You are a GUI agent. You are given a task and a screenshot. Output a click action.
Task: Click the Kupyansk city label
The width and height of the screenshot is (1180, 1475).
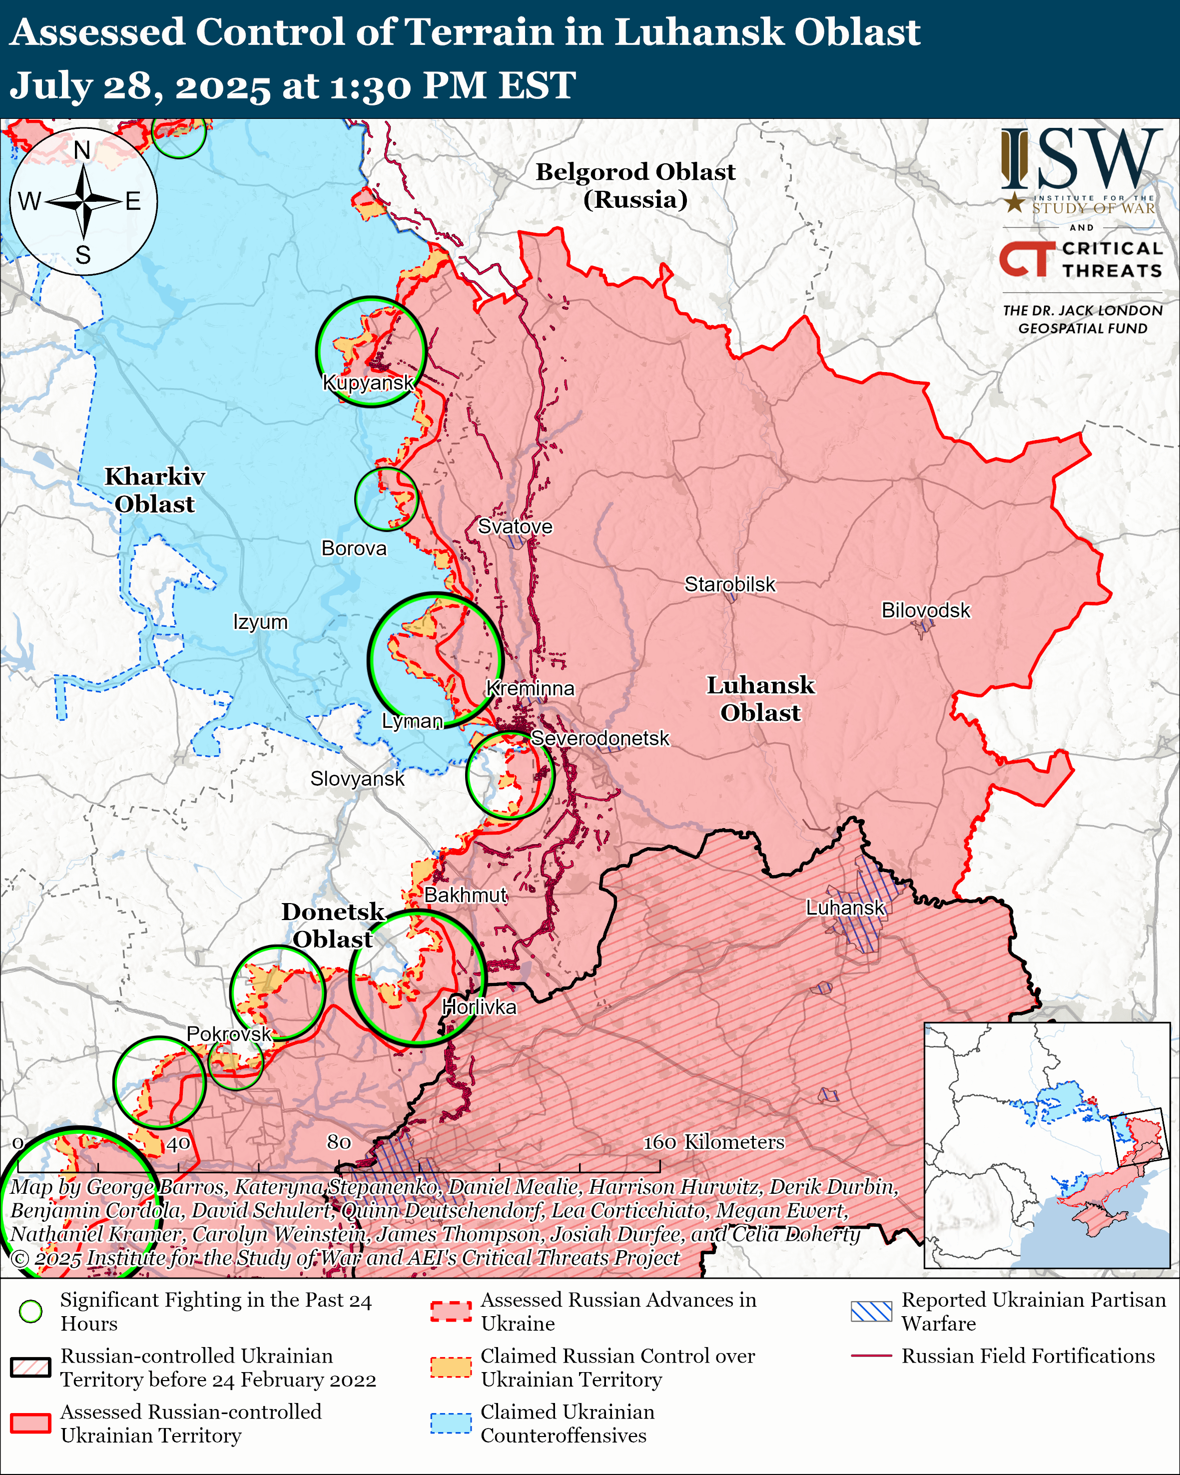point(368,383)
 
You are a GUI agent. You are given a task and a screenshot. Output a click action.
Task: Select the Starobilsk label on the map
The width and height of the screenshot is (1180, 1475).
point(730,584)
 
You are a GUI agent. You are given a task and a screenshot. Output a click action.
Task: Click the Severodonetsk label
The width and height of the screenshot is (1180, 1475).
point(600,738)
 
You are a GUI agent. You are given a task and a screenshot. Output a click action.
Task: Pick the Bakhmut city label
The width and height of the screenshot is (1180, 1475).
point(465,895)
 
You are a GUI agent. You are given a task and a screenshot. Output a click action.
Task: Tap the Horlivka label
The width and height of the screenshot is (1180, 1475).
point(479,1007)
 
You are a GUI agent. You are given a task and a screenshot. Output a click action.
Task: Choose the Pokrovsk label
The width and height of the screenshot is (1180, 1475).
point(229,1034)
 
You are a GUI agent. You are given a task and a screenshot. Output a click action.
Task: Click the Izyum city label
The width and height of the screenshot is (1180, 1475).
point(260,622)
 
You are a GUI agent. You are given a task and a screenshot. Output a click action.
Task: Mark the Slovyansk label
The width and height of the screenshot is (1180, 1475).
point(357,779)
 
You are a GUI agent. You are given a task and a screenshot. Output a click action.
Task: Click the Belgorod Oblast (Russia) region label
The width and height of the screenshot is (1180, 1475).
point(635,185)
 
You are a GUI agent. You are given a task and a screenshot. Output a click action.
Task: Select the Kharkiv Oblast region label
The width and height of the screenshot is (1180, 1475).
point(154,490)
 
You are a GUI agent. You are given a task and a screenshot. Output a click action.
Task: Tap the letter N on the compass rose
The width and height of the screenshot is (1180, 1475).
point(82,150)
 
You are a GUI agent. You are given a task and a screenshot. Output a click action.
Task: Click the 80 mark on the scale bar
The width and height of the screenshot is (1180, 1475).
point(339,1142)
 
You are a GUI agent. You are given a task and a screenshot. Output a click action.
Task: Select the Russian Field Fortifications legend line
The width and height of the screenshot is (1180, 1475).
point(871,1355)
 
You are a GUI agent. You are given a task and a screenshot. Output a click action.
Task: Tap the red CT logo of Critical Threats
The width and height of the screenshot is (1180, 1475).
point(1026,259)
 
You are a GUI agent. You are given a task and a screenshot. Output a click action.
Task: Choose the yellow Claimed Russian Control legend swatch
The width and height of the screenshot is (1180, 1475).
point(451,1367)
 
